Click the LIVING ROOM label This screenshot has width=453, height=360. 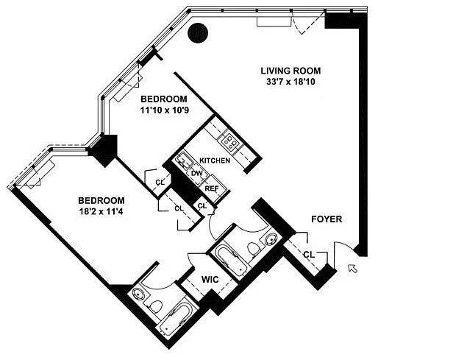[290, 71]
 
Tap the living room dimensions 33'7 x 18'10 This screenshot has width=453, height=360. [290, 82]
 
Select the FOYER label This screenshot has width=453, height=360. [327, 219]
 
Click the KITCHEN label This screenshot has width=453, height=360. [215, 160]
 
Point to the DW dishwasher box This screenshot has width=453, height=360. [197, 174]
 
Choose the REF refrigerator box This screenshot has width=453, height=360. [212, 188]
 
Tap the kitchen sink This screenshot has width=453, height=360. [184, 161]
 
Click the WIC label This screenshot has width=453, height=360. [210, 280]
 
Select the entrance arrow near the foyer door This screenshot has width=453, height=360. [353, 269]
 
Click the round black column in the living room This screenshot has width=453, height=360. [198, 33]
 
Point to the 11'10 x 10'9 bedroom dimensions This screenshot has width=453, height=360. [165, 110]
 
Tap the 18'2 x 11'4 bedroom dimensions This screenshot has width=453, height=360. [101, 212]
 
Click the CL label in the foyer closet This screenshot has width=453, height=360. [309, 255]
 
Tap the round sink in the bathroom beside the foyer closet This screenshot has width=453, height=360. [271, 239]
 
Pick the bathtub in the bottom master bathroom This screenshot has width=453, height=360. [176, 320]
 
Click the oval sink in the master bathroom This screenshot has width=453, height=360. [138, 294]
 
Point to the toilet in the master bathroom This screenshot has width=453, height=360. [157, 306]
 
